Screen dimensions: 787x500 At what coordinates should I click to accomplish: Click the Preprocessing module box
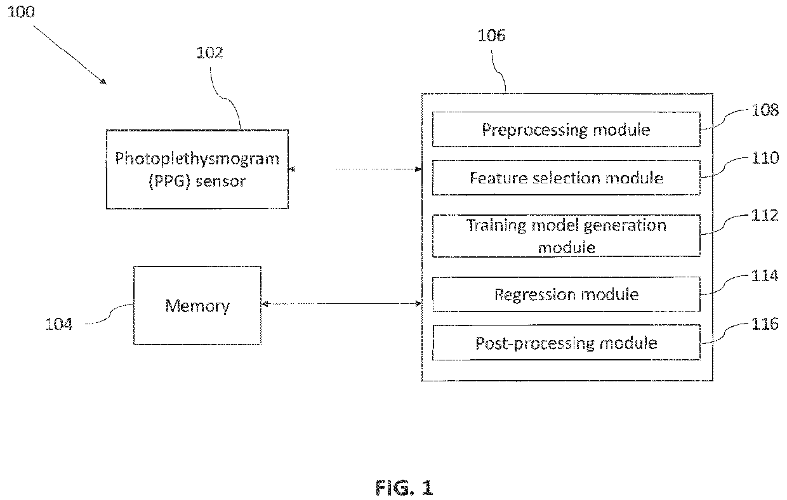(x=566, y=129)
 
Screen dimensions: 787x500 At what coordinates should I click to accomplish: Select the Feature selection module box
(x=566, y=178)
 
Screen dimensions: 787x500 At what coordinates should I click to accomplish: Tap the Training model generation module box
(x=566, y=236)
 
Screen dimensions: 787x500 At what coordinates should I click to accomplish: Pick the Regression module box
(x=566, y=294)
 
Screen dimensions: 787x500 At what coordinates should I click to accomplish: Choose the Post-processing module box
(x=566, y=343)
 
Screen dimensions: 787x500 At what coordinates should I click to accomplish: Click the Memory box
(x=197, y=305)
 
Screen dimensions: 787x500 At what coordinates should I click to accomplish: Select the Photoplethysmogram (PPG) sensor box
(x=197, y=169)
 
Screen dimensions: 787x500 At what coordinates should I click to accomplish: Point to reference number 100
(x=21, y=12)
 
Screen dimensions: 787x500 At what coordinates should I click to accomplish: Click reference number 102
(x=209, y=53)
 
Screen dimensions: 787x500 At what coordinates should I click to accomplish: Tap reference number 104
(x=59, y=324)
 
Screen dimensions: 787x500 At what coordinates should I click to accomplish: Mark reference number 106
(x=491, y=36)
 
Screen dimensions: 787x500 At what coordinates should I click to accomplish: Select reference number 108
(x=765, y=110)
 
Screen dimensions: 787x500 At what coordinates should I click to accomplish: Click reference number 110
(x=765, y=158)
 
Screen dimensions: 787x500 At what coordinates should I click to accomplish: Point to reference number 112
(x=765, y=215)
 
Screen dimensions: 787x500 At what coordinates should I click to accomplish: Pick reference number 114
(x=765, y=275)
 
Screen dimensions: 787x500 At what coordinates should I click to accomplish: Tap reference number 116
(x=765, y=324)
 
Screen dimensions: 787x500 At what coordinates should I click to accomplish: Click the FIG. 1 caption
(x=404, y=488)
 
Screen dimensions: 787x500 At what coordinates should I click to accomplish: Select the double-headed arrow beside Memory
(x=341, y=303)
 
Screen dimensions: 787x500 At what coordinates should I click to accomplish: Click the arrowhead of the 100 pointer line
(x=103, y=82)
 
